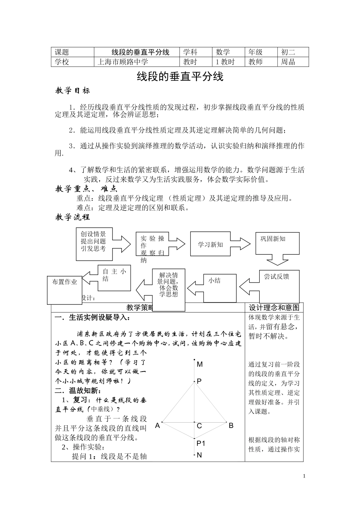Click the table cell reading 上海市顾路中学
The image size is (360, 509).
[x=123, y=62]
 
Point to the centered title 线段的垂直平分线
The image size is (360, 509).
[x=180, y=77]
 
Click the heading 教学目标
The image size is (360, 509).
[x=73, y=91]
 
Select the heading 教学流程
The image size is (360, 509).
[x=73, y=217]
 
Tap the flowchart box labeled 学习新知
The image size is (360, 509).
[x=210, y=245]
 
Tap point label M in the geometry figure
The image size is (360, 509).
[x=200, y=364]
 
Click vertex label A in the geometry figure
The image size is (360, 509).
[x=158, y=426]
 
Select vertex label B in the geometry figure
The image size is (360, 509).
[x=231, y=426]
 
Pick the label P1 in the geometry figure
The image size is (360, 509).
[x=201, y=443]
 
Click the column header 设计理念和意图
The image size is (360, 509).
[x=274, y=308]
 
